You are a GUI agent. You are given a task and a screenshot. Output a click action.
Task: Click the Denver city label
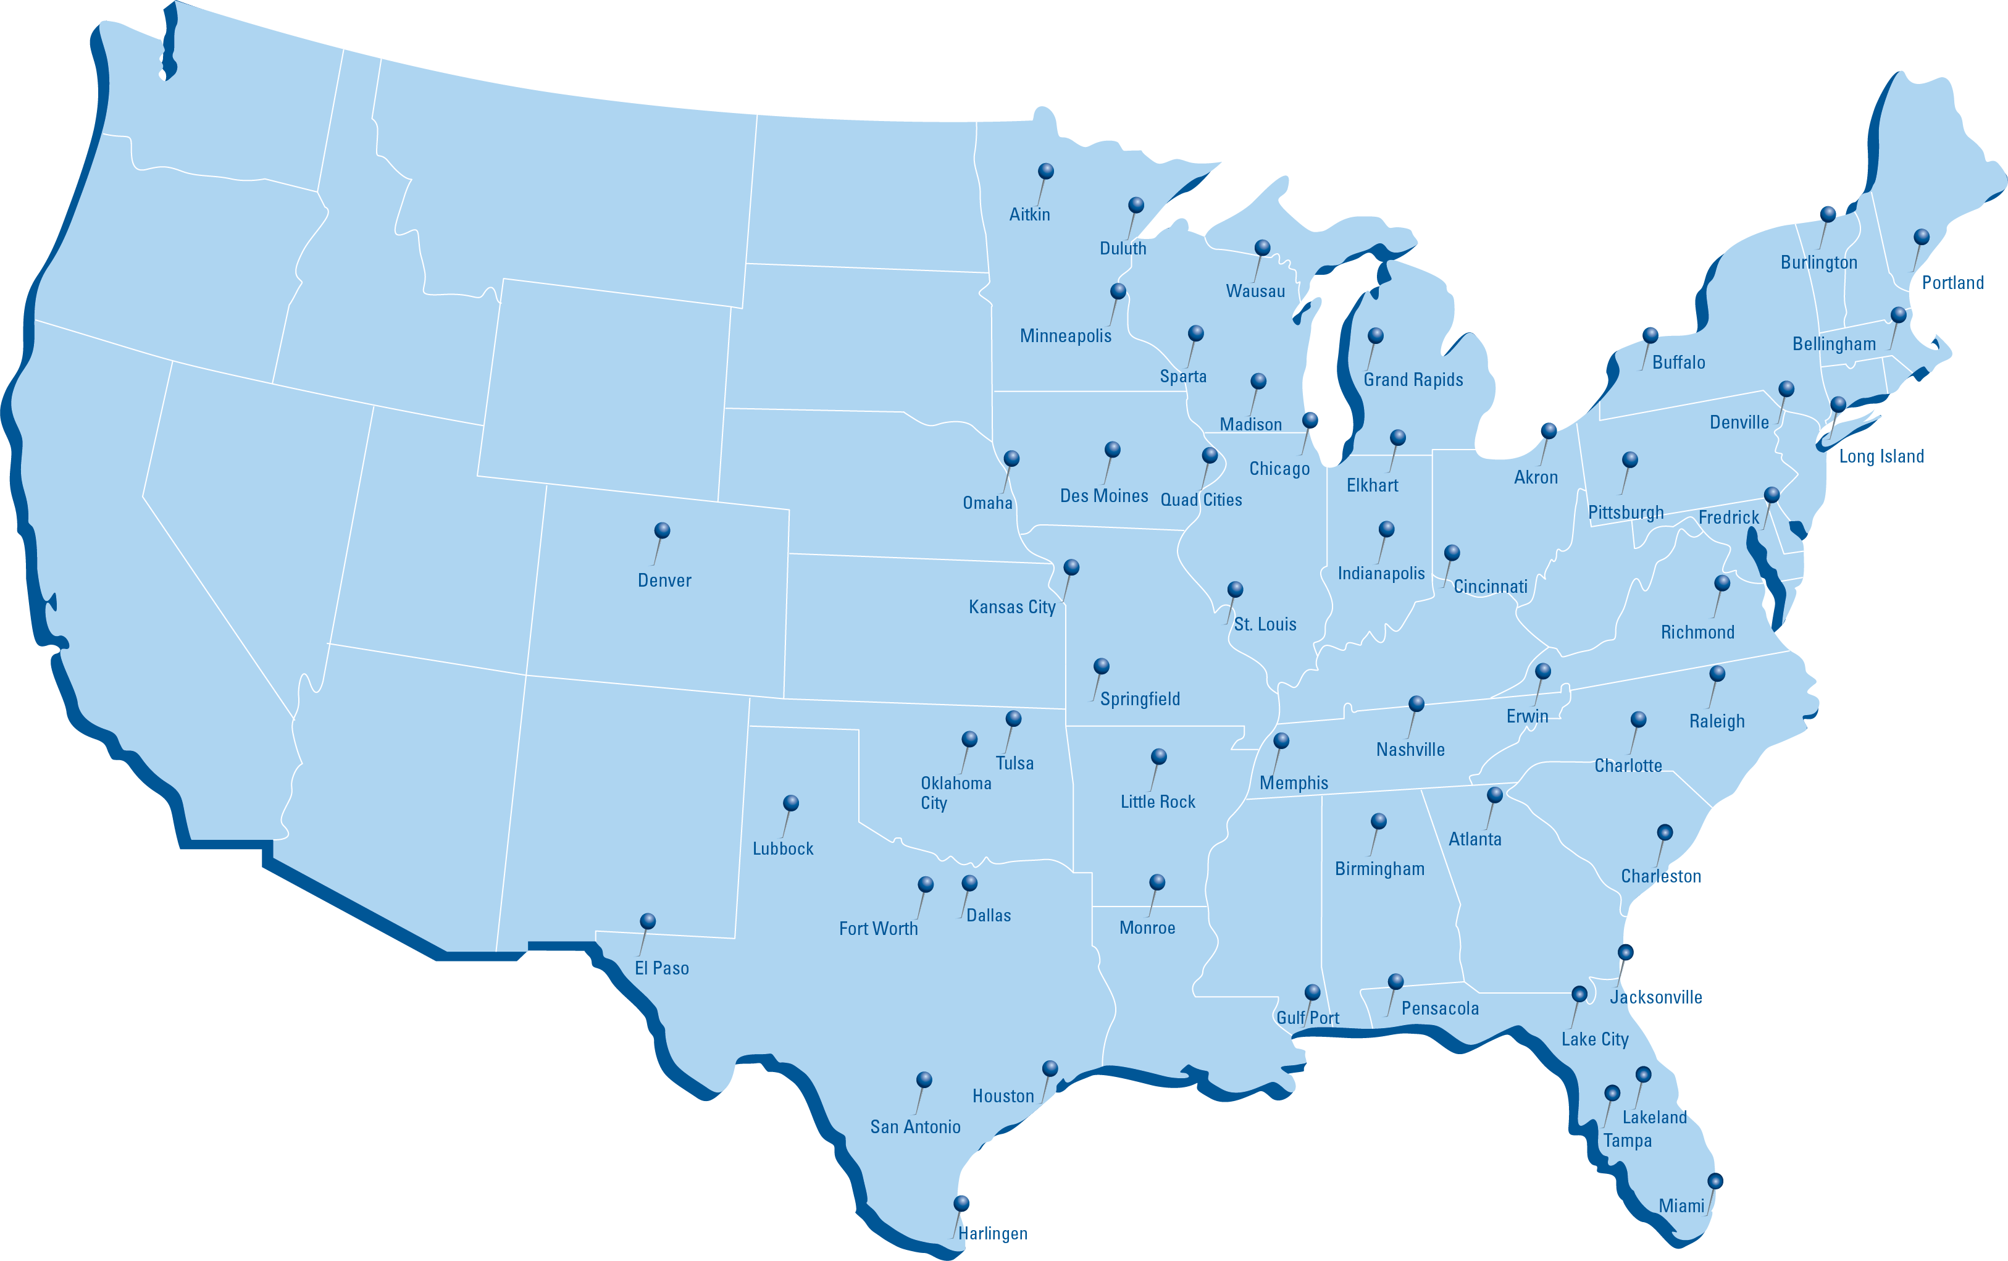664,580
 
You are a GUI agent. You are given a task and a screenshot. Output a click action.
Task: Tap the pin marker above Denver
662,530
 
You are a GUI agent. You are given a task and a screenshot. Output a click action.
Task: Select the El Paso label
661,968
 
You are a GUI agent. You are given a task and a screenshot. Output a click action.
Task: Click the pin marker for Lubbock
790,803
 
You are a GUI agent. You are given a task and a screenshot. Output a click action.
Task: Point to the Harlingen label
992,1233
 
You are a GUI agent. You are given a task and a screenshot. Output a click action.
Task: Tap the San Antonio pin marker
924,1080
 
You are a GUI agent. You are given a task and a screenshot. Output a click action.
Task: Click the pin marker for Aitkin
1046,171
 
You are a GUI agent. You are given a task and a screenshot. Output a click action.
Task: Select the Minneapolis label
1065,336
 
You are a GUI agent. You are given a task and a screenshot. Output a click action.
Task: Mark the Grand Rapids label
1413,380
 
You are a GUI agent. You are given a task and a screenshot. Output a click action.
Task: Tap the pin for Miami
1715,1181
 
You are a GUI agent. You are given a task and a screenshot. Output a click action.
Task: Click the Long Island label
1881,456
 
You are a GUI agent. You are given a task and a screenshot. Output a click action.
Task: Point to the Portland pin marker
1922,237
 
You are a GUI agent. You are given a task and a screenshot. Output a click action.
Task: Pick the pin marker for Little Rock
1158,756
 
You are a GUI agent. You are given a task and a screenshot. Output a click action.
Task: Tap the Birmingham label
1379,869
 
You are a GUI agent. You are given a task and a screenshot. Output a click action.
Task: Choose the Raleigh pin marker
1717,673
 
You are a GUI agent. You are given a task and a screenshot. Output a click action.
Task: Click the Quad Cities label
1201,500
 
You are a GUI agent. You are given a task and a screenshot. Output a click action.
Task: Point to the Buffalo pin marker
1650,335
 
